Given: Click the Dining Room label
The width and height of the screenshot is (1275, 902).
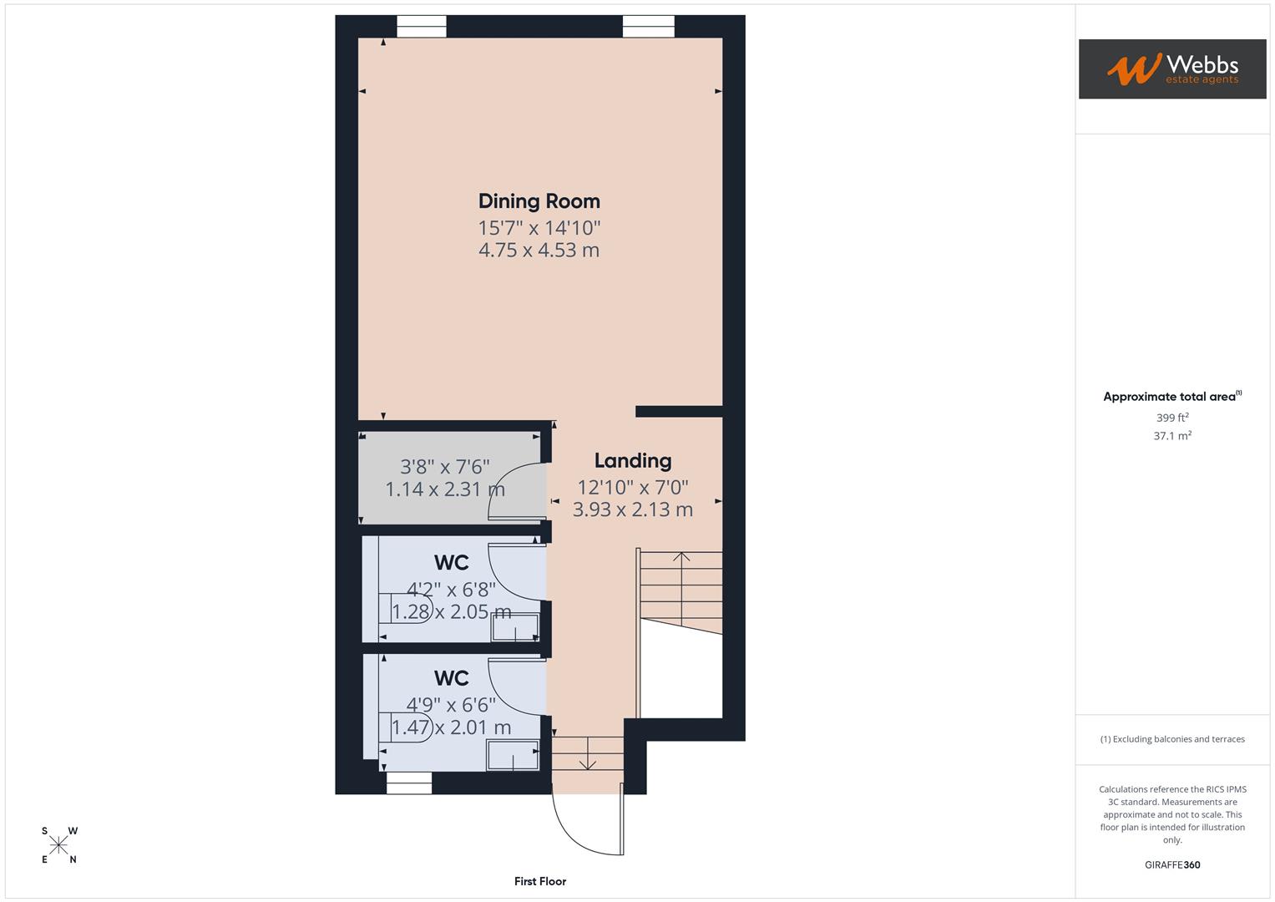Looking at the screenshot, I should (x=539, y=201).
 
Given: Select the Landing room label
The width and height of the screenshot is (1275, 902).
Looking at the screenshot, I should (x=632, y=461).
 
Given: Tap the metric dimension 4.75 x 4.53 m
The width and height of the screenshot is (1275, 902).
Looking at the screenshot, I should (x=539, y=251).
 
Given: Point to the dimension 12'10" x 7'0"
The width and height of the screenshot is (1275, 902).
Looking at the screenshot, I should (x=632, y=487).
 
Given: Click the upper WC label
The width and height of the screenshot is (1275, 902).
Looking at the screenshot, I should (x=451, y=563).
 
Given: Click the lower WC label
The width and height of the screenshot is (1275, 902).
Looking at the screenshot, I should (x=451, y=678).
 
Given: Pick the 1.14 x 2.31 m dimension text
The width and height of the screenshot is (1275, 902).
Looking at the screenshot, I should (x=444, y=489).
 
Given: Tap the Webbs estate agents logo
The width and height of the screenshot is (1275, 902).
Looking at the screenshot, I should (x=1171, y=69).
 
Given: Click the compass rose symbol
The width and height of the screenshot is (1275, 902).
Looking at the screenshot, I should (x=59, y=845).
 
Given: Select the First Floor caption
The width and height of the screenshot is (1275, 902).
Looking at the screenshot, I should (x=539, y=881).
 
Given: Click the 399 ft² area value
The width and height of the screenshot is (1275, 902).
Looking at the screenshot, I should (x=1171, y=418).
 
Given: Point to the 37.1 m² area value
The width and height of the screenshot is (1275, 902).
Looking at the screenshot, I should (x=1171, y=436).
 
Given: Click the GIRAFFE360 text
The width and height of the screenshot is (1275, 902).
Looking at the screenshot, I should (x=1171, y=865).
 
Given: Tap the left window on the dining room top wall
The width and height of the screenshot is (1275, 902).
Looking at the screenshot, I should (x=421, y=27).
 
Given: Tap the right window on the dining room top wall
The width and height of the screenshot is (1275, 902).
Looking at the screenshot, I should (x=648, y=27).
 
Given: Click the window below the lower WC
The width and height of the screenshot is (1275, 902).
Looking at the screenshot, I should (x=409, y=783).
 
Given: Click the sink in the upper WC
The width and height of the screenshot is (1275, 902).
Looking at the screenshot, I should (x=514, y=627).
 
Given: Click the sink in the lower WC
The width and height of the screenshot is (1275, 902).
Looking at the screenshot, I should (x=513, y=755).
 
